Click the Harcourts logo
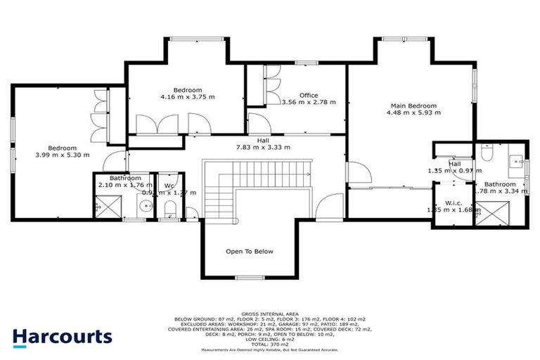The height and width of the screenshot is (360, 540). (62, 336)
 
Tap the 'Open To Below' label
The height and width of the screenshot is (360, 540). (249, 251)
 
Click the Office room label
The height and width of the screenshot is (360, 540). (309, 95)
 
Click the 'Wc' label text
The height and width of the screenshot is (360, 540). (169, 186)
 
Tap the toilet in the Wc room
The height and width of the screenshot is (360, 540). (169, 209)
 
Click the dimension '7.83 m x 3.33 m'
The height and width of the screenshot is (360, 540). (263, 147)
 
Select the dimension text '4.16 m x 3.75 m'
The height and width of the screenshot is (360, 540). (188, 98)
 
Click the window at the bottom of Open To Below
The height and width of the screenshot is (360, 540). (249, 278)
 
